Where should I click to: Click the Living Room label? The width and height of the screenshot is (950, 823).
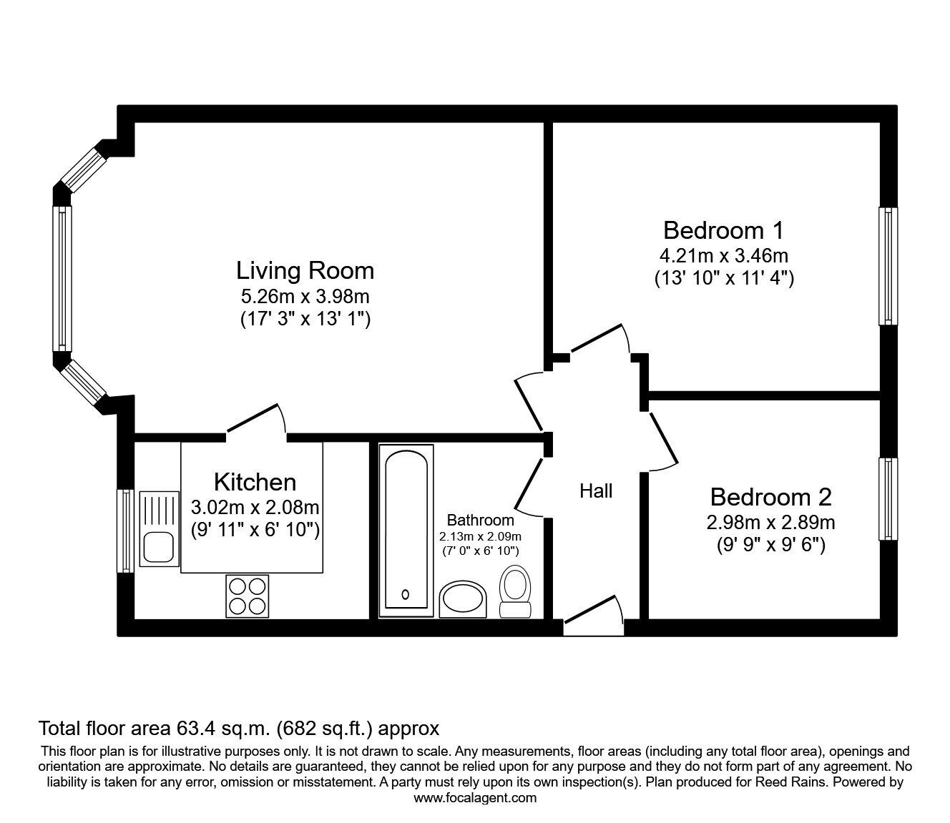pos(305,270)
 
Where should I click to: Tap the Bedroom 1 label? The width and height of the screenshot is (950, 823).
pos(723,230)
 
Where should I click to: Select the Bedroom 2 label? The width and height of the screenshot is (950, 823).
pos(770,496)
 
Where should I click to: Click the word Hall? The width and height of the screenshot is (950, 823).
pos(596,491)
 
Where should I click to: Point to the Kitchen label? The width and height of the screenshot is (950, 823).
pos(255,482)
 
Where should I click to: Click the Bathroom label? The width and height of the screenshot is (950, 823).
pos(480,520)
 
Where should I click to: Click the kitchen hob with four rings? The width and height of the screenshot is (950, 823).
pos(247,596)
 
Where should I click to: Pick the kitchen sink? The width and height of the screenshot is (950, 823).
pos(159,529)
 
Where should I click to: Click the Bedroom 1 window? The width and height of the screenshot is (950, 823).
pos(888,266)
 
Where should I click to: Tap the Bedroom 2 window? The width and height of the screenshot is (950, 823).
pos(888,499)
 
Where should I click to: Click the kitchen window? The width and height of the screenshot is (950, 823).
pos(126,531)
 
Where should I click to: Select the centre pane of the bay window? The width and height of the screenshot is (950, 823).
pos(62,279)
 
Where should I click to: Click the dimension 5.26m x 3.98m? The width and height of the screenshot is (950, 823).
pos(305,295)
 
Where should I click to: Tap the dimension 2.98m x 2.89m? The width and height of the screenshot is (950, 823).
pos(770,523)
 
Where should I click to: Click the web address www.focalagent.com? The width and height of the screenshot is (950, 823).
pos(475,798)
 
